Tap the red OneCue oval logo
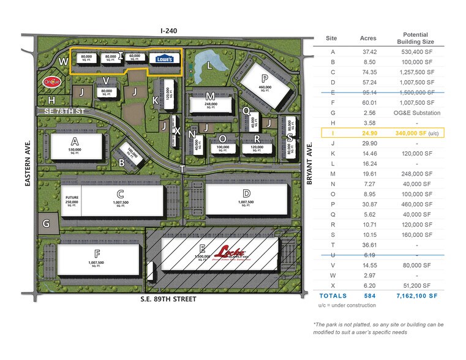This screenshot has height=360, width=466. point(51,81)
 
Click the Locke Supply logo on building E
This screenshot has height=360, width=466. point(230,252)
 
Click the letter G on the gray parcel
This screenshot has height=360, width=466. point(46,223)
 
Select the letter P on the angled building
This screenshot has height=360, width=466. point(265,78)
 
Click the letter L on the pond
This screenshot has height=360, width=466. point(209,64)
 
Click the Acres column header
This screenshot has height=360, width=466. point(368,38)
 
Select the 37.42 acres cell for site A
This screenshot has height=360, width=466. point(368,53)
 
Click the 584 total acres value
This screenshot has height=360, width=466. point(368,295)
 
